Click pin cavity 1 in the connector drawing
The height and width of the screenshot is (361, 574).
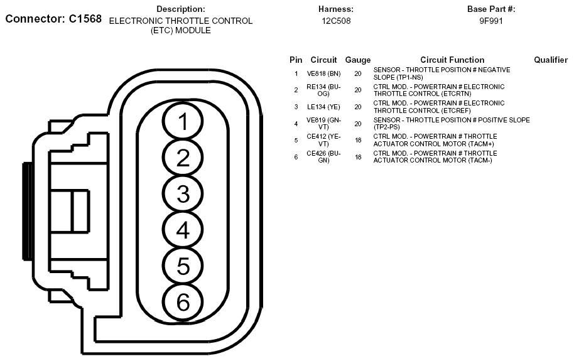(x=183, y=122)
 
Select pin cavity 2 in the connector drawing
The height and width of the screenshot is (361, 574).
(x=183, y=158)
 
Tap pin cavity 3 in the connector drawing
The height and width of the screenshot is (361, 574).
(x=183, y=194)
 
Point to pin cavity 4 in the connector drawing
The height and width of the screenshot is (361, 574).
(x=183, y=230)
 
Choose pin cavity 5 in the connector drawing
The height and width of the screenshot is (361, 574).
(x=183, y=266)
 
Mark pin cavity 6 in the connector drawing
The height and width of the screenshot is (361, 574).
(x=183, y=303)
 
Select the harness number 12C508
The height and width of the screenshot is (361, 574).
(x=336, y=21)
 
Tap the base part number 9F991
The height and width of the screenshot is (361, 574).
(x=491, y=21)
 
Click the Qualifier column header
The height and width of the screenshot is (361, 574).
(x=551, y=60)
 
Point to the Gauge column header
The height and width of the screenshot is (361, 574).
(x=358, y=60)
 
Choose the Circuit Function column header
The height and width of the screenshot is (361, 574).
(x=452, y=60)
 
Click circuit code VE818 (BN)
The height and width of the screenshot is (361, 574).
(x=323, y=73)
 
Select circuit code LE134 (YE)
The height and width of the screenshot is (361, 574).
(x=323, y=107)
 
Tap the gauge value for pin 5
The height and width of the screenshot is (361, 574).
(x=358, y=140)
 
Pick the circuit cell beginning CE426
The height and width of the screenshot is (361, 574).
(x=323, y=156)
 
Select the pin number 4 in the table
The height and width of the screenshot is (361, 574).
(x=296, y=124)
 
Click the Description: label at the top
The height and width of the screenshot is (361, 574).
(x=181, y=9)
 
